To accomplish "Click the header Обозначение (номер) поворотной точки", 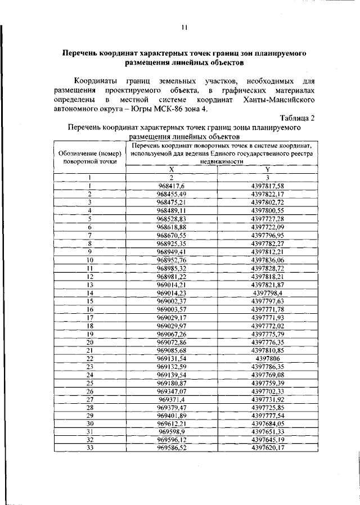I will click(x=89, y=157).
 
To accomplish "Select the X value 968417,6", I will click(x=172, y=186).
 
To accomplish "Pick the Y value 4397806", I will click(x=268, y=358).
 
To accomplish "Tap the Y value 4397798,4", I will click(x=268, y=292).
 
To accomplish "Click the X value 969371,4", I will click(x=172, y=399).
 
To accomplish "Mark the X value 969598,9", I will click(x=172, y=431).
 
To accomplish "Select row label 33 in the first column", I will click(x=89, y=448).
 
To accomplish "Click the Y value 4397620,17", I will click(x=268, y=448).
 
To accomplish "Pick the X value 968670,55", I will click(x=172, y=235).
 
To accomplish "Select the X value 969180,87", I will click(x=172, y=382).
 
